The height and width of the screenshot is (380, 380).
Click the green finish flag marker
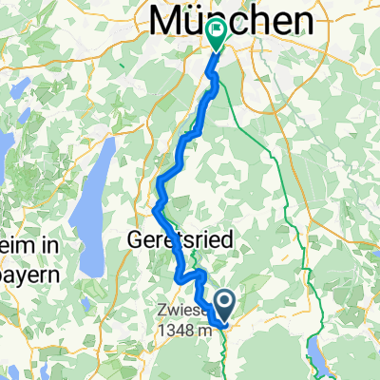[x=217, y=36]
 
